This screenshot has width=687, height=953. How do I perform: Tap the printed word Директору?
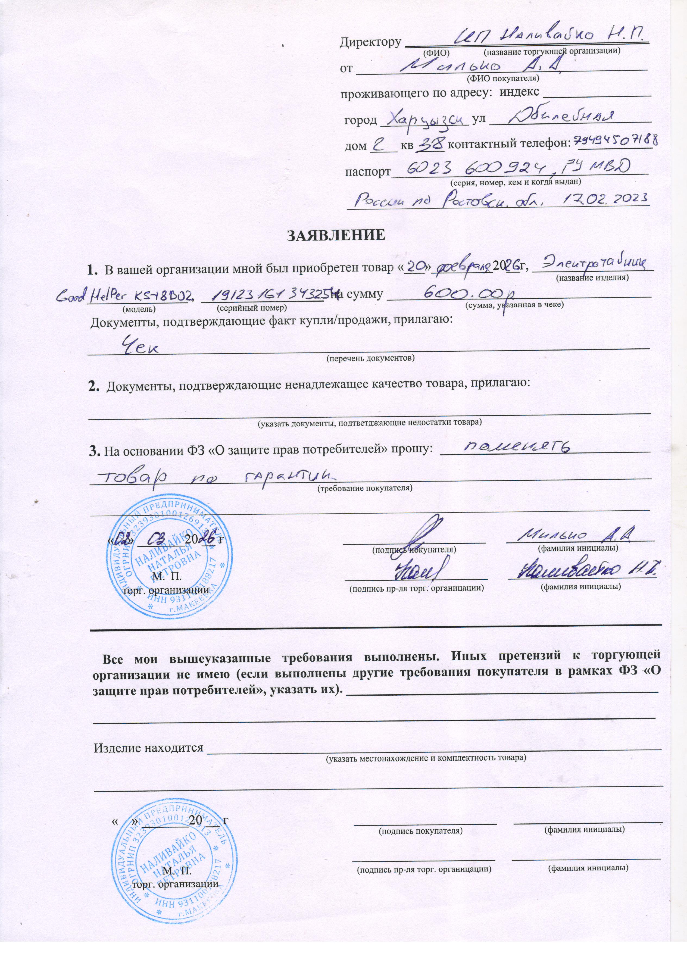pyautogui.click(x=370, y=42)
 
